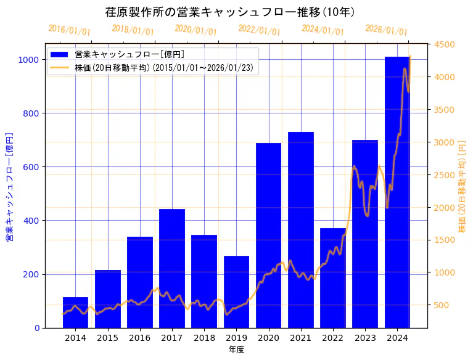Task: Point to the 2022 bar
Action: (333, 278)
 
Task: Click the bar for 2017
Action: (172, 269)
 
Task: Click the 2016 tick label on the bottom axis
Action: (140, 338)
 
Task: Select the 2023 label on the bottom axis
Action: (365, 338)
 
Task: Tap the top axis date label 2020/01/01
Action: (195, 30)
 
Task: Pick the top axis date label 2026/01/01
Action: (386, 30)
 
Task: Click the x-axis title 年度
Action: (236, 350)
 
